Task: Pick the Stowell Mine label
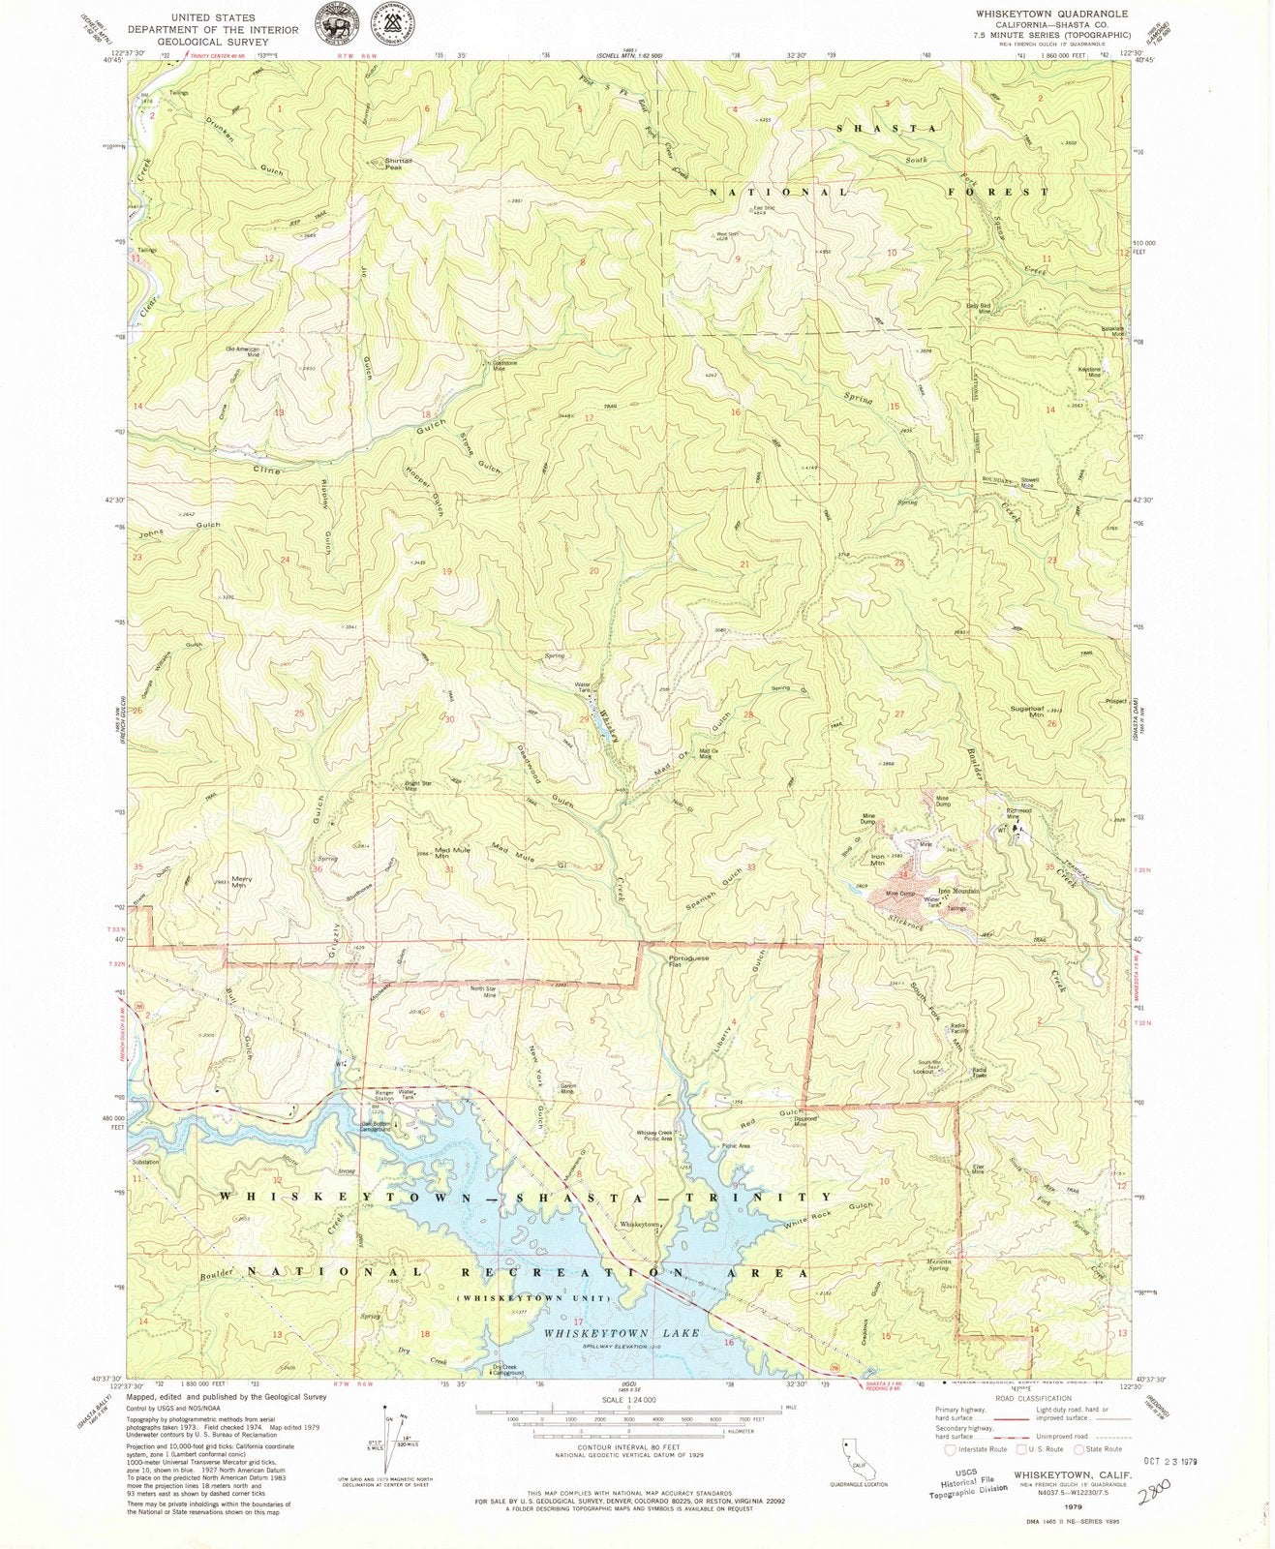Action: click(x=1027, y=481)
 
